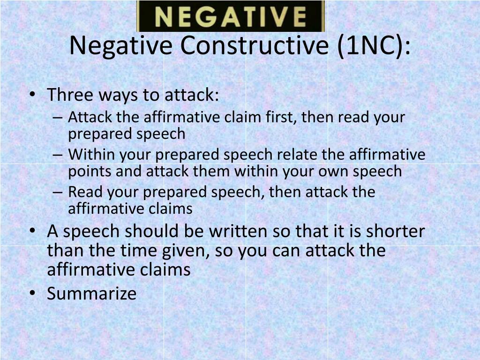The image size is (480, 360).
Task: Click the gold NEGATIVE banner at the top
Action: (x=230, y=16)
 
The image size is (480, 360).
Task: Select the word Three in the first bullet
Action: (x=70, y=95)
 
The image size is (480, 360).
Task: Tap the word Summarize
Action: (x=92, y=293)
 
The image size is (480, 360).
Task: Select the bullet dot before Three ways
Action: (x=32, y=95)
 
